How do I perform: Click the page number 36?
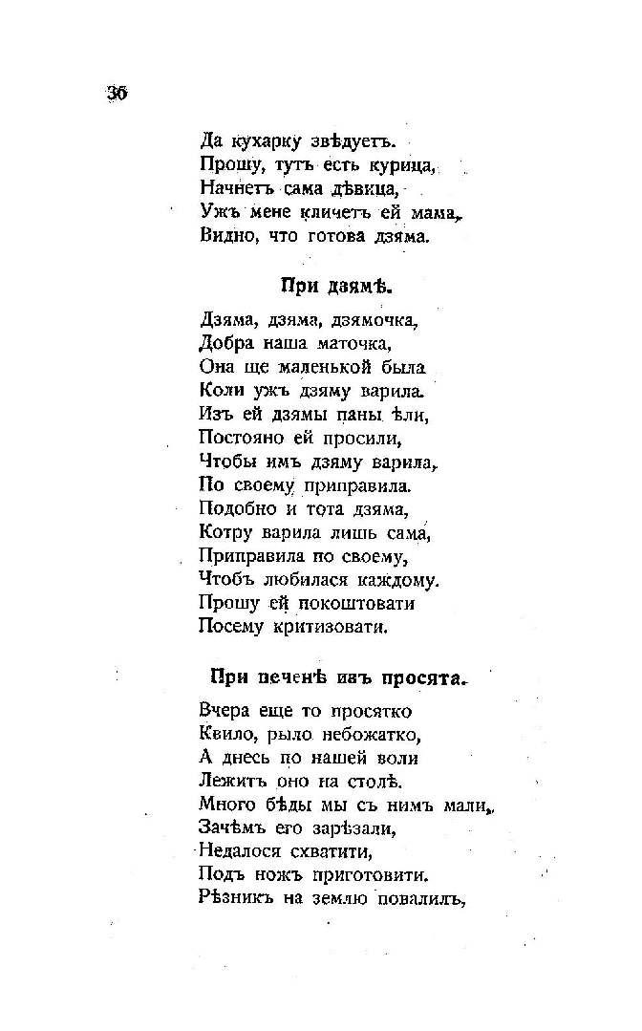click(x=117, y=93)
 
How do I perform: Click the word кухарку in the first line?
click(x=267, y=141)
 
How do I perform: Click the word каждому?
click(x=397, y=578)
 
